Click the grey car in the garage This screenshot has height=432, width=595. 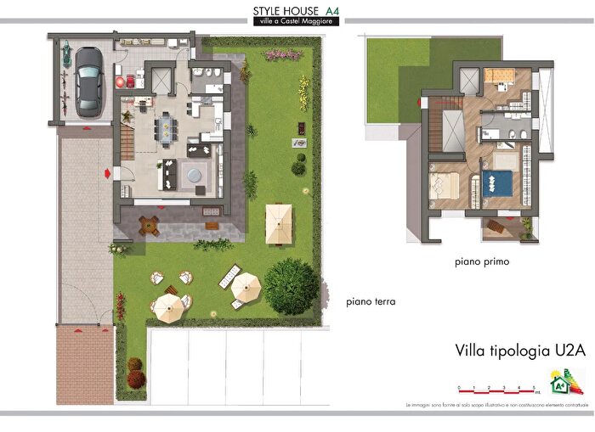[88, 81]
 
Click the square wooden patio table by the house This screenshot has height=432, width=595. [150, 226]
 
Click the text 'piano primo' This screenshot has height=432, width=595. [481, 262]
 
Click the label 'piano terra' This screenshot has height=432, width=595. [371, 301]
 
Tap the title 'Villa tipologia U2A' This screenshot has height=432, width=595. [509, 351]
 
